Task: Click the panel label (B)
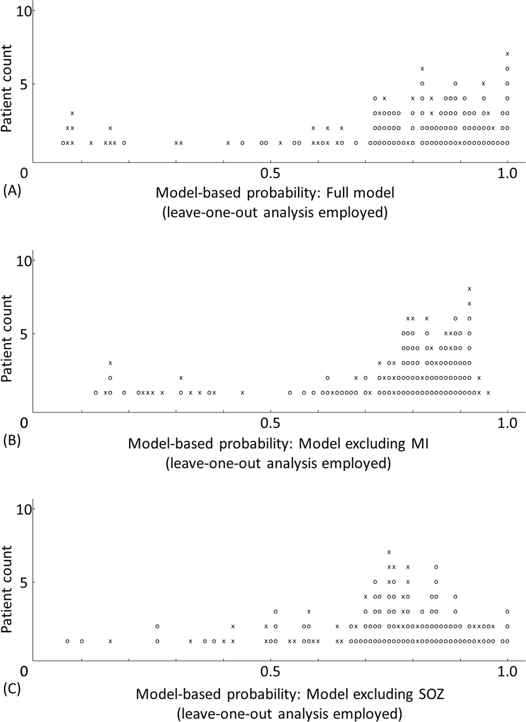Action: pos(12,441)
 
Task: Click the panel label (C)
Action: pos(12,690)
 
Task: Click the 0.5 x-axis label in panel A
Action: pos(270,173)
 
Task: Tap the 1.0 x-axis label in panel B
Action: pos(507,423)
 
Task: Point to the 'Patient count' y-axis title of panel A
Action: pos(7,88)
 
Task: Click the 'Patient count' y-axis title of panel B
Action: pos(7,339)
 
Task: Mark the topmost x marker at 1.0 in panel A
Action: pos(507,53)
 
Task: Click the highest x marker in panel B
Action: pos(469,288)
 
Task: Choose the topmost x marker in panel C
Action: pos(389,552)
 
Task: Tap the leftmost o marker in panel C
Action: pos(67,641)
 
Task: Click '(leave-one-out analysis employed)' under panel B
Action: pos(278,463)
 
